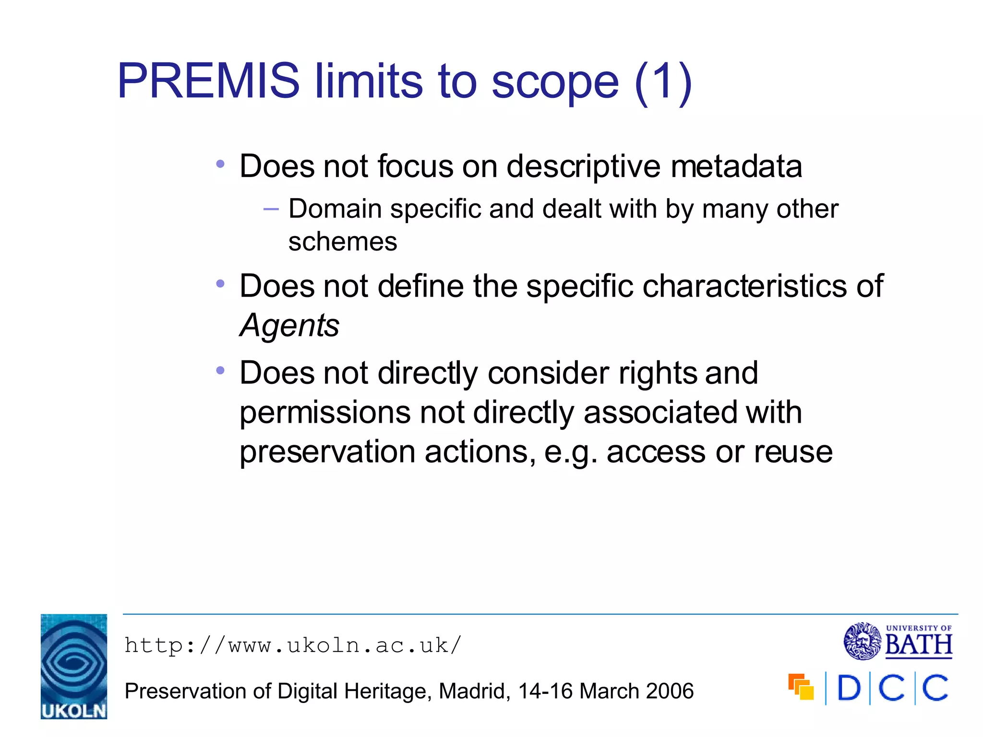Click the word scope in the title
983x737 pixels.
coord(555,83)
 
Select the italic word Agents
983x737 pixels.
coord(289,326)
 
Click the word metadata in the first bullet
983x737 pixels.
coord(736,166)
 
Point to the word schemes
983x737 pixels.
coord(343,241)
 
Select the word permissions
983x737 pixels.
coord(325,413)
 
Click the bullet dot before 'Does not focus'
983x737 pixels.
coord(220,165)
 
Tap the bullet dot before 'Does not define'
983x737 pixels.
coord(220,284)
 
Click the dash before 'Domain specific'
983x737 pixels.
coord(271,209)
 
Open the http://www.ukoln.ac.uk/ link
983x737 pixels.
coord(293,645)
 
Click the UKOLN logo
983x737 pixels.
coord(74,666)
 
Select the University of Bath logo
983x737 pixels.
coord(898,641)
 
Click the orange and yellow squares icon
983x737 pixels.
coord(801,687)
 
